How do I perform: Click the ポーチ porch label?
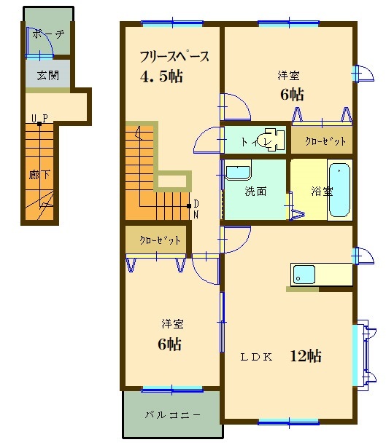(x=48, y=34)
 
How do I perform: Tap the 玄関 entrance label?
(x=47, y=76)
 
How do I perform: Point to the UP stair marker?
(x=39, y=118)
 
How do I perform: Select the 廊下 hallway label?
(x=39, y=175)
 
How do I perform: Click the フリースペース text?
(x=174, y=57)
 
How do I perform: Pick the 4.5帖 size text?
(x=161, y=76)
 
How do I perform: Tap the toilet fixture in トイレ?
(x=274, y=139)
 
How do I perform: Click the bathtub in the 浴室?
(x=339, y=189)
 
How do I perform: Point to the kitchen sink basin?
(x=304, y=275)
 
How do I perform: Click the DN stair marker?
(x=196, y=209)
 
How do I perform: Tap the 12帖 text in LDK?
(x=306, y=355)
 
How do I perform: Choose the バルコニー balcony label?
(x=173, y=415)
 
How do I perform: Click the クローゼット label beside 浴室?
(x=325, y=141)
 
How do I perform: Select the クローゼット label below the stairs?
(x=160, y=240)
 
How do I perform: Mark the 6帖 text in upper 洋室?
(x=292, y=94)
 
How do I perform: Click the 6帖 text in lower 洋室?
(x=170, y=344)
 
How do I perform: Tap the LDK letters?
(x=256, y=357)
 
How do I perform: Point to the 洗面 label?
(x=255, y=192)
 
